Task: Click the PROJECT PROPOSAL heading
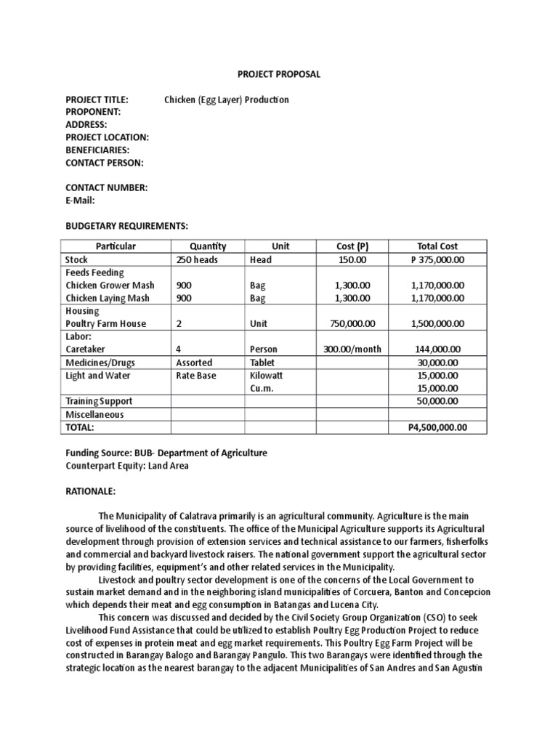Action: (279, 74)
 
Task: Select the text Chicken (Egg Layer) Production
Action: (227, 100)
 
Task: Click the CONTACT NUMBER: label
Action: (107, 187)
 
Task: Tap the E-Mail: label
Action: (81, 201)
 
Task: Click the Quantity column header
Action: (208, 246)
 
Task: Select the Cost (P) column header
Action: (353, 246)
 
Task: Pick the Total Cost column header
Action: (437, 246)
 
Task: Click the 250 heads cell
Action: (197, 259)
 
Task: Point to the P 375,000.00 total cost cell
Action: (437, 259)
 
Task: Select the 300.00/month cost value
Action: (353, 349)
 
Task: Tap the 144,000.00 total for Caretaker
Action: (437, 349)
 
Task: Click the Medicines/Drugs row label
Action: (100, 363)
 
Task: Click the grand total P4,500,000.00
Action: (437, 427)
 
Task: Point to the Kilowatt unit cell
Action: (266, 376)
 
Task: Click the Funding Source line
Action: (166, 453)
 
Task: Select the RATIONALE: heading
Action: (91, 491)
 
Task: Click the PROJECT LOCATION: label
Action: (108, 137)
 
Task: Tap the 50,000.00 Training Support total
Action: (437, 401)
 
